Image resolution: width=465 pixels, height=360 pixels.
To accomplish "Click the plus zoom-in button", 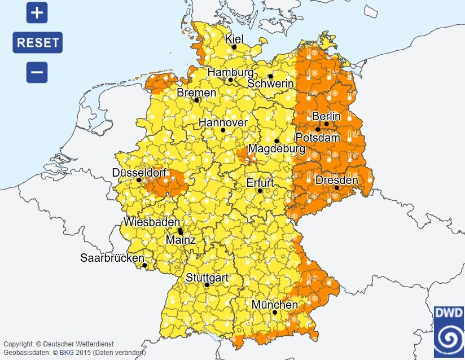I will coord(37,12).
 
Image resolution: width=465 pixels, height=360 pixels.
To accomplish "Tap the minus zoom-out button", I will coord(37,72).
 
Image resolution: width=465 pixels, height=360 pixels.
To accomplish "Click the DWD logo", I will coord(449,333).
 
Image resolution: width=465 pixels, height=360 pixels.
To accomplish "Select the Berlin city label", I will coord(326,116).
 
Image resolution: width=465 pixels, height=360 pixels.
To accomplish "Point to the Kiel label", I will coord(234,39).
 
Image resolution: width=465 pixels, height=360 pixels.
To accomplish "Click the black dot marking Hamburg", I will coord(230,80).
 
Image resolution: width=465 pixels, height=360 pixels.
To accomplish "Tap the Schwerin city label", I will coord(271,84).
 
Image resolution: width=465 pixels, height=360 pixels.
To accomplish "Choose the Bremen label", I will coord(196,93).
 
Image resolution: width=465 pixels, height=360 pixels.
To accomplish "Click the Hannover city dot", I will coord(223,130).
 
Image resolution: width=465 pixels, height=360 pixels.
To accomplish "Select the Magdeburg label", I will coord(276,149).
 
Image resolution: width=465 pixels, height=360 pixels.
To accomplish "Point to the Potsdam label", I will coord(318,138).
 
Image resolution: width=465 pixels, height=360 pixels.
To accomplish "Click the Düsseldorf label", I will coord(139,172).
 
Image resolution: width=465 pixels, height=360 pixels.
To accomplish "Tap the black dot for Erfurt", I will coord(260,191).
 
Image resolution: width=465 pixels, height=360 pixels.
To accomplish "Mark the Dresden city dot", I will coord(336,188).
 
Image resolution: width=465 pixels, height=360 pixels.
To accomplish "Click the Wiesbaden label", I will coord(152,222).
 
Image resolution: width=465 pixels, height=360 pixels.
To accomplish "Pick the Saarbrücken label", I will coord(112,258).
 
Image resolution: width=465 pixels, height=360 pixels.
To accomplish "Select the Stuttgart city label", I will coord(207,277).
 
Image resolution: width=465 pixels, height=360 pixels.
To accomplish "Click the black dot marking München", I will coord(274,312).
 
